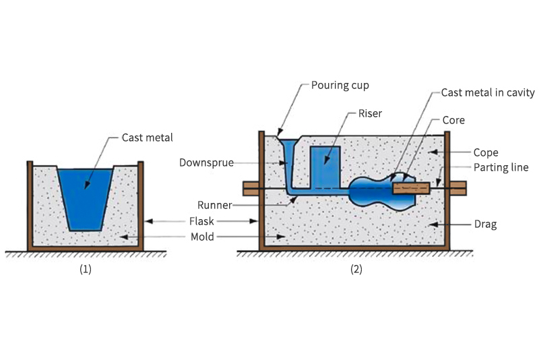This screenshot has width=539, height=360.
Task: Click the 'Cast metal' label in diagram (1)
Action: click(x=147, y=138)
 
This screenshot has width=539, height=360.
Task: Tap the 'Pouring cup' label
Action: click(x=340, y=86)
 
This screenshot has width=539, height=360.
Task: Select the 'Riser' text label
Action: click(x=370, y=113)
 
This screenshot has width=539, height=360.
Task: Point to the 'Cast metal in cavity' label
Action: click(x=488, y=92)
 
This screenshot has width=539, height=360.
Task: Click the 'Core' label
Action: click(x=453, y=121)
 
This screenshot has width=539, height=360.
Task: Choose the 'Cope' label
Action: click(x=485, y=153)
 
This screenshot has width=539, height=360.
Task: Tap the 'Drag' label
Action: click(x=485, y=224)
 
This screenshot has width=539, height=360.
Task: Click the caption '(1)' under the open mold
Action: click(x=86, y=269)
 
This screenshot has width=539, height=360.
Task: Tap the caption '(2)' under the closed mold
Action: click(x=355, y=269)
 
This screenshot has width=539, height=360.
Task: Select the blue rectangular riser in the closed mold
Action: click(x=325, y=164)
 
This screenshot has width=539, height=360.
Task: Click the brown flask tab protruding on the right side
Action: click(x=457, y=189)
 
